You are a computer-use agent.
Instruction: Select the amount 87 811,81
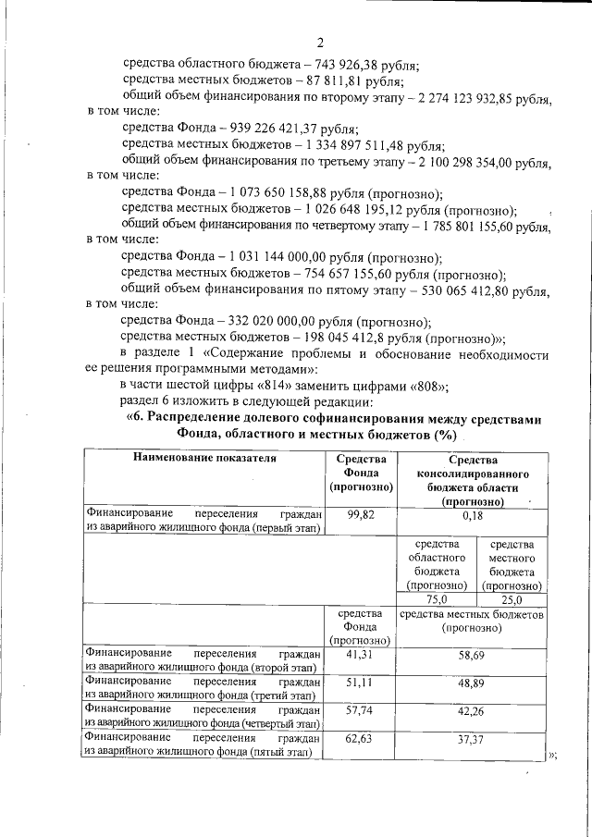[331, 80]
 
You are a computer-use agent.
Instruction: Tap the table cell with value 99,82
[360, 516]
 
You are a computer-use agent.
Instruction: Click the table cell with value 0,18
[472, 516]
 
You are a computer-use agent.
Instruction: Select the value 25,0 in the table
[512, 598]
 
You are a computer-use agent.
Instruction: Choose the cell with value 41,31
[360, 654]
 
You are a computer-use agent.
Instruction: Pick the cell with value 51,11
[360, 682]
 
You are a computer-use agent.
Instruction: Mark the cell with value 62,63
[360, 739]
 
